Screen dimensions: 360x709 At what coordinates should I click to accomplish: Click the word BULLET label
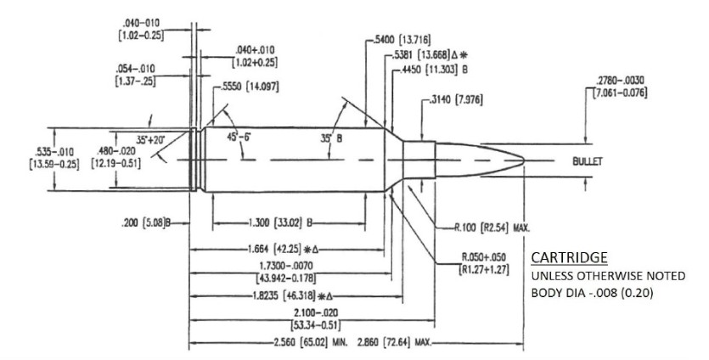click(x=587, y=160)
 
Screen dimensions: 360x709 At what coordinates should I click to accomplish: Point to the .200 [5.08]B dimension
click(x=145, y=223)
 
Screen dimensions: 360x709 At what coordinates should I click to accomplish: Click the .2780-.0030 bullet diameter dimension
click(x=620, y=86)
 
